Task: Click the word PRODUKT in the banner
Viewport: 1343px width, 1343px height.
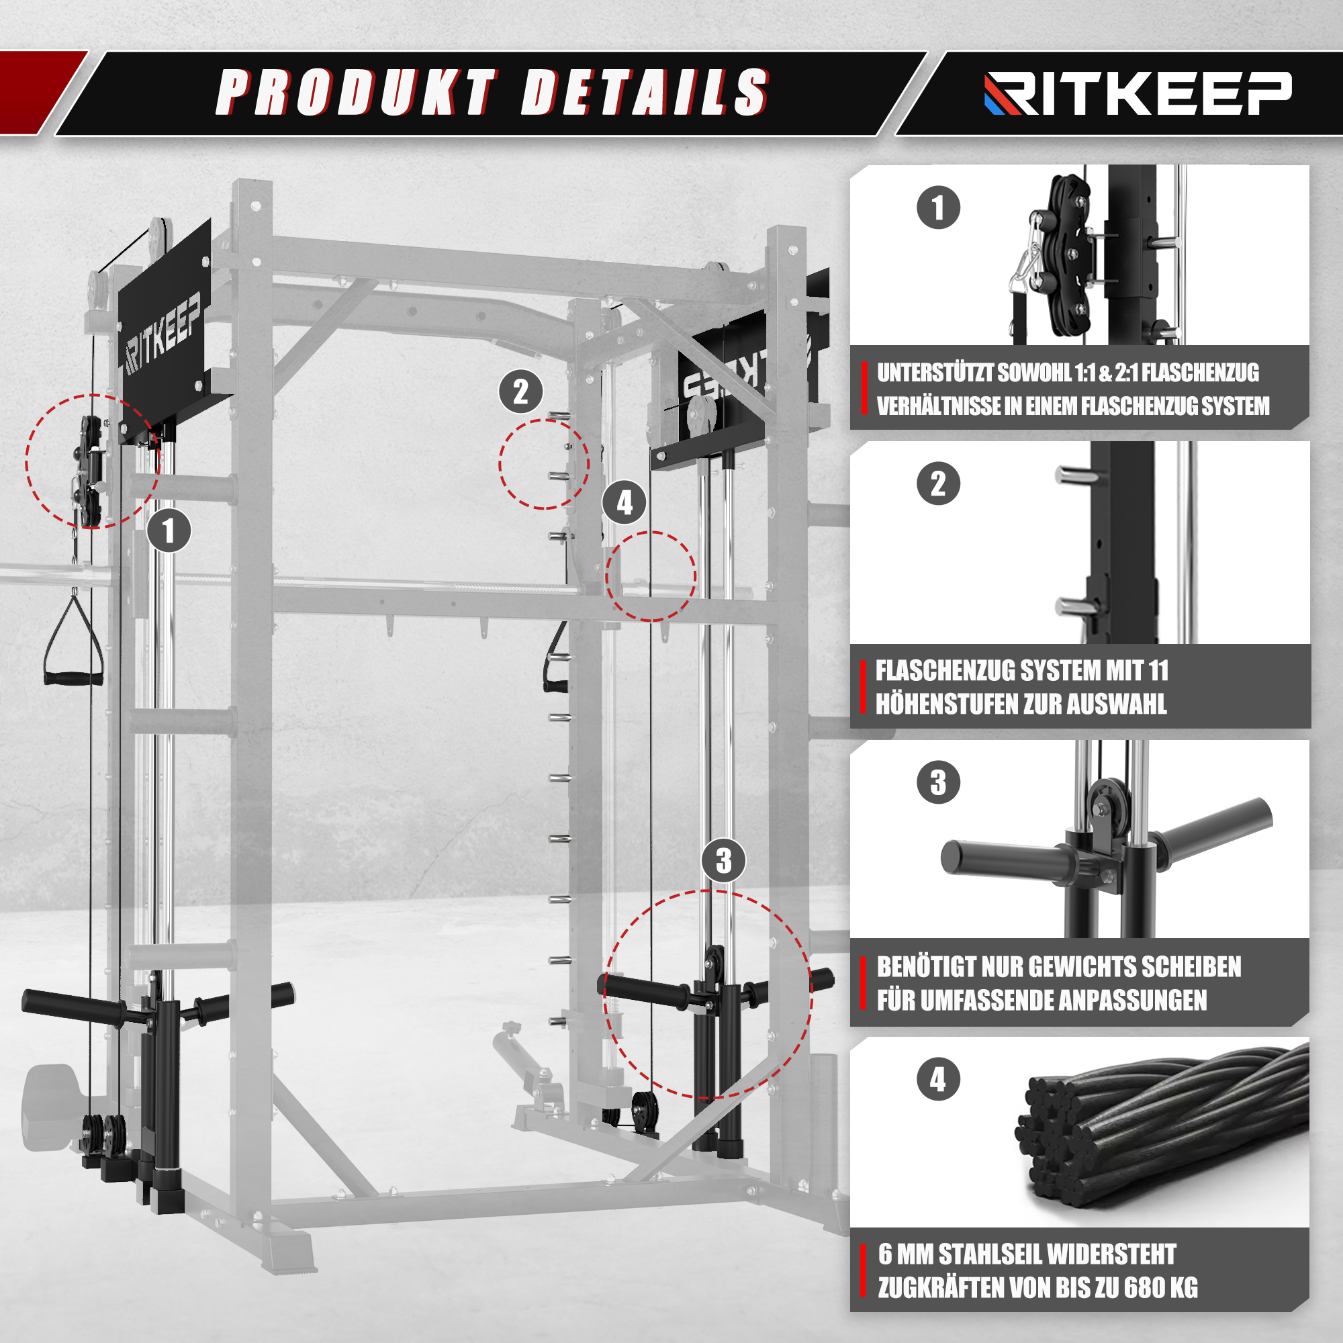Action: (x=357, y=92)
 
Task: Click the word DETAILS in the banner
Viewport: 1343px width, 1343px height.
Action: (x=645, y=92)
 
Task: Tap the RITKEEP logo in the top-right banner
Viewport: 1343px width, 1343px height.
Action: (x=1138, y=93)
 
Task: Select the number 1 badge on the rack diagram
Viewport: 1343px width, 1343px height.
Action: (x=169, y=531)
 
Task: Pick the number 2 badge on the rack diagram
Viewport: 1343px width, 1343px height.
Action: (x=521, y=392)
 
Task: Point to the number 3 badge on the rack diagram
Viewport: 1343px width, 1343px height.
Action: (x=724, y=861)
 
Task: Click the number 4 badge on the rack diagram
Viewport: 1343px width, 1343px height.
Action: (x=624, y=502)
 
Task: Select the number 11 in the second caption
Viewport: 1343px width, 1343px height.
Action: (x=1158, y=671)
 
